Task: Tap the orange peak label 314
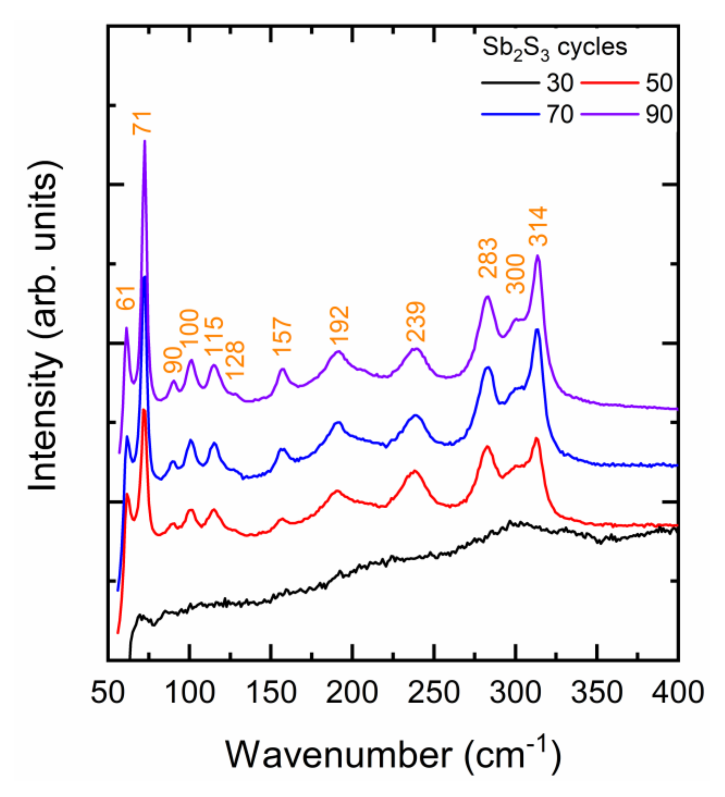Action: [x=538, y=227]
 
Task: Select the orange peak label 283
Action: [x=487, y=259]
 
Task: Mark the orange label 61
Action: [x=126, y=297]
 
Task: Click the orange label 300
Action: [x=515, y=274]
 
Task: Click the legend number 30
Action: [x=560, y=83]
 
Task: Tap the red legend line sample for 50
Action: [x=609, y=83]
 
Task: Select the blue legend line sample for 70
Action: [x=510, y=114]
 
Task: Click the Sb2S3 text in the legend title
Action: [x=516, y=48]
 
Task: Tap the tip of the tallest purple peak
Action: [x=145, y=141]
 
